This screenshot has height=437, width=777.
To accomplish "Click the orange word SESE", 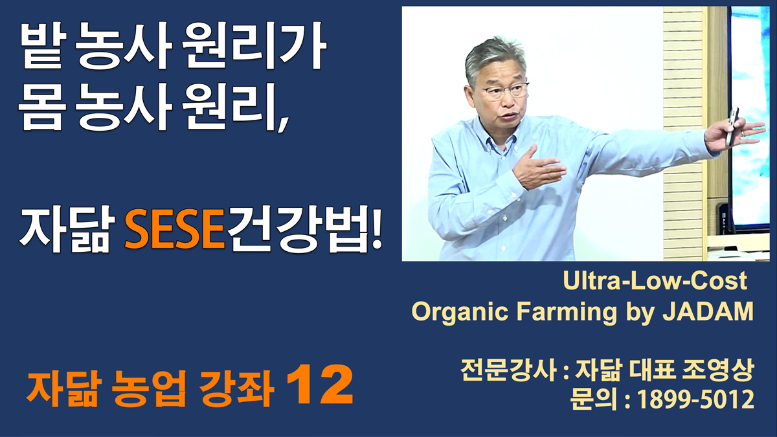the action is click(x=175, y=230).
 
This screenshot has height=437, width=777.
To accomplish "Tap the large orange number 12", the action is click(x=319, y=385).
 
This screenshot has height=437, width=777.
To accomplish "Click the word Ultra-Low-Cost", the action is click(x=655, y=280).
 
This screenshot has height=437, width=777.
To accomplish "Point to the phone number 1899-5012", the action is click(x=696, y=399).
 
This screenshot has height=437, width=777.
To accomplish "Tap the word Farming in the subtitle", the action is click(x=567, y=312).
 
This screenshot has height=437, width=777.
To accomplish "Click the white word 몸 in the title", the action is click(x=41, y=107).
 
